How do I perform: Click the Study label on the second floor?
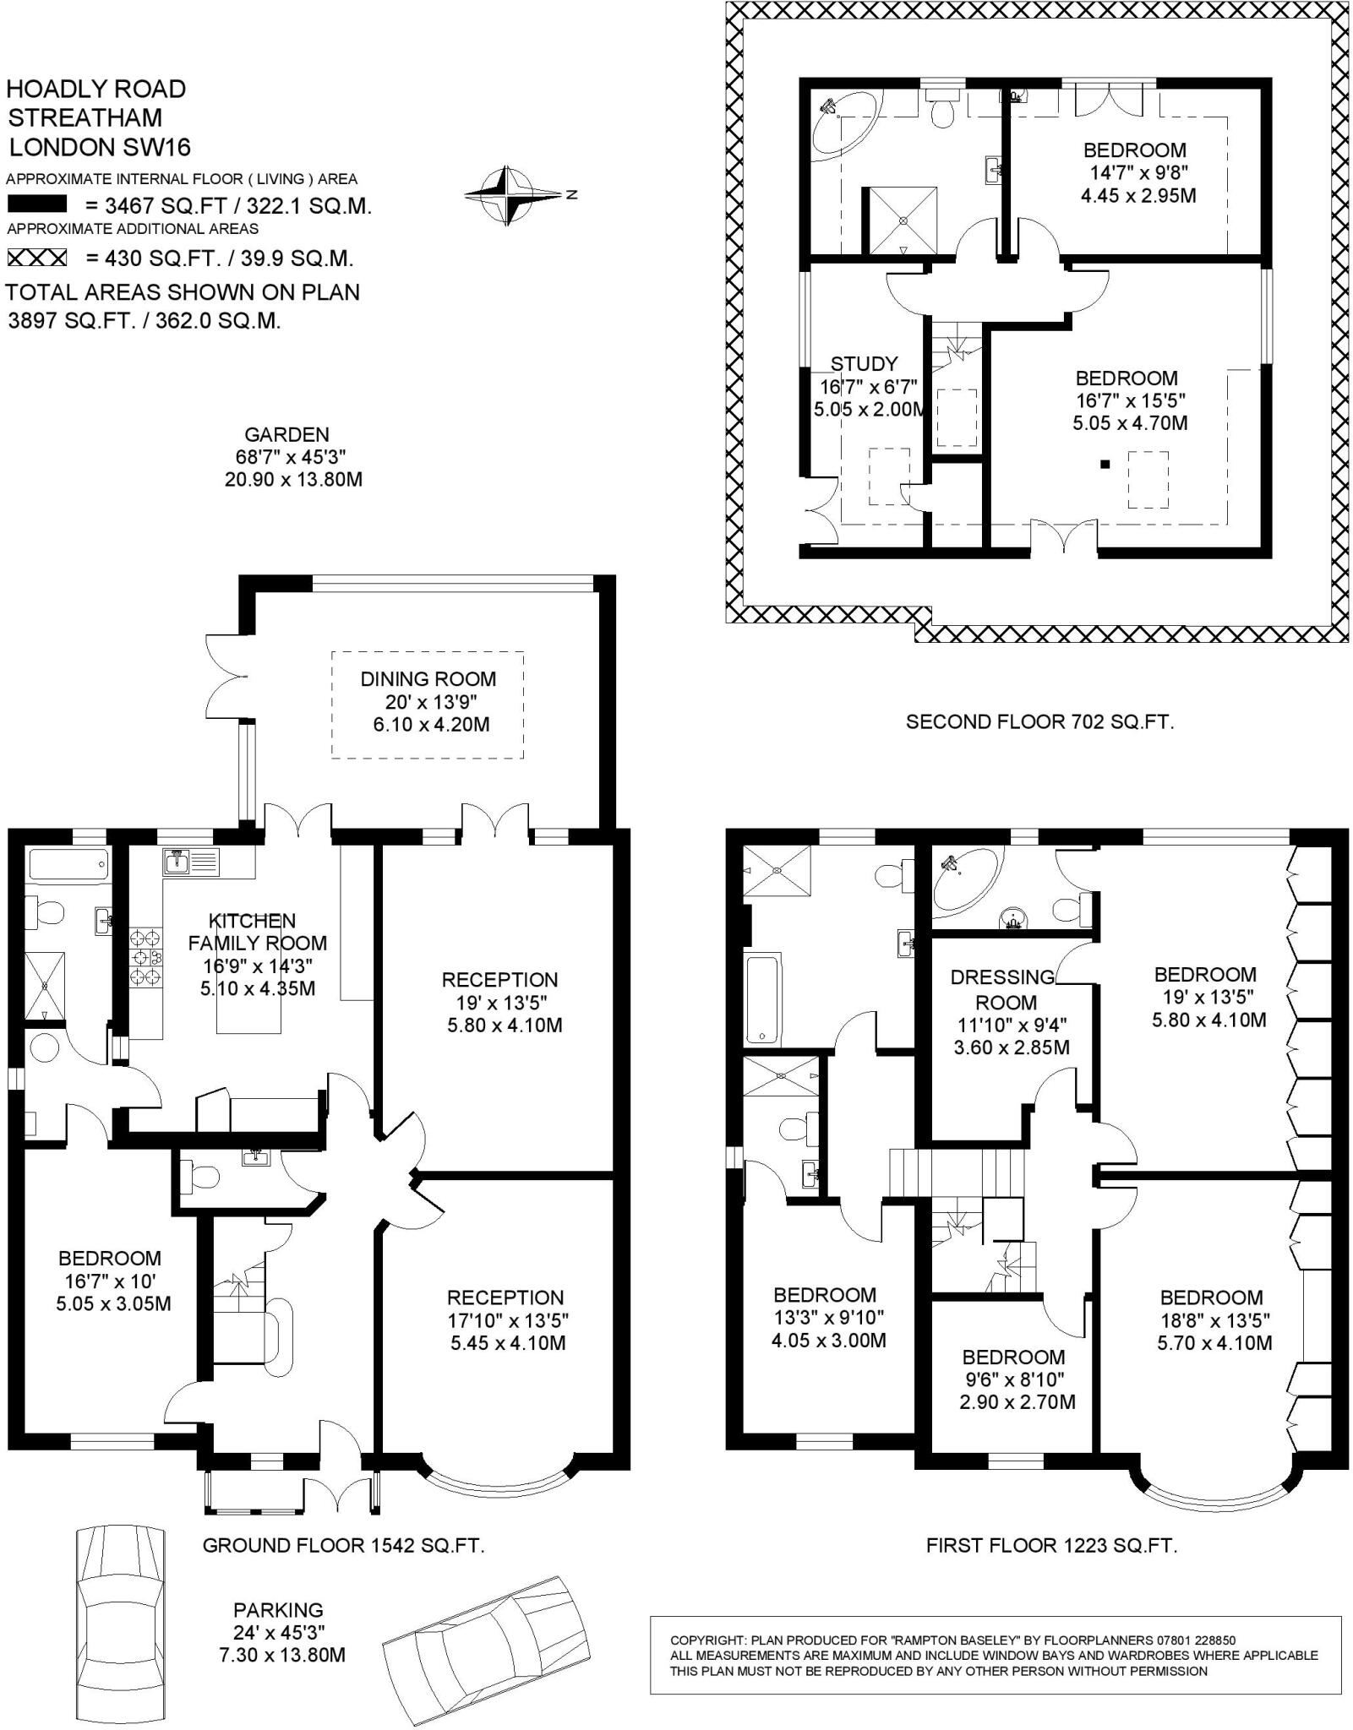864,364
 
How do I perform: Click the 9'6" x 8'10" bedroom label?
1012,1379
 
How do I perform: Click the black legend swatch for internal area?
36,204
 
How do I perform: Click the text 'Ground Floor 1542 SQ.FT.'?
343,1546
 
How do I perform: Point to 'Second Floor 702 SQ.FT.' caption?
1039,721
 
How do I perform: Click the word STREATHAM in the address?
85,117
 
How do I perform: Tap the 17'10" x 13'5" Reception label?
505,1320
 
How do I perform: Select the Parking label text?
279,1610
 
